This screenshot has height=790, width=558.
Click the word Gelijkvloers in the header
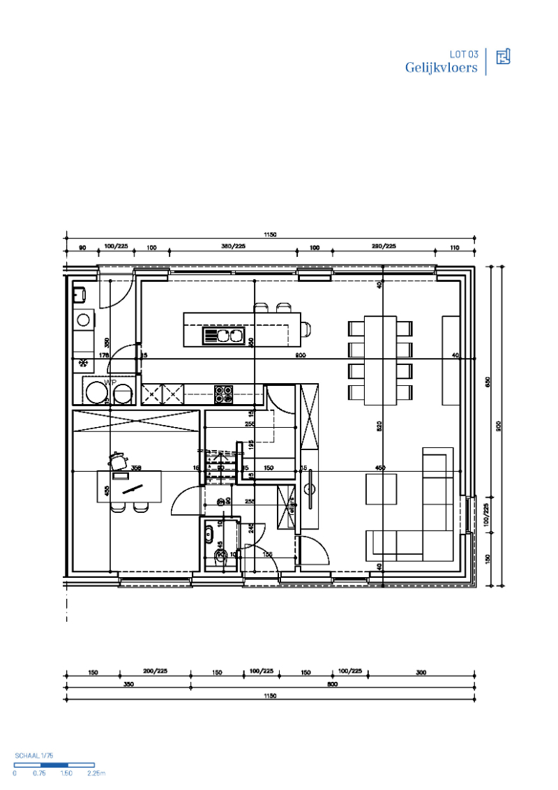click(x=442, y=68)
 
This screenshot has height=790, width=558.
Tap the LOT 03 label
click(x=464, y=54)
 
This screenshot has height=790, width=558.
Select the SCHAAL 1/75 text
click(x=34, y=756)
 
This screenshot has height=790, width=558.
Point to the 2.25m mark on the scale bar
click(x=96, y=773)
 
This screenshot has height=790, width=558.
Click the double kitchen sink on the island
click(x=222, y=336)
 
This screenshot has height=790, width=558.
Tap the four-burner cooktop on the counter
click(x=223, y=394)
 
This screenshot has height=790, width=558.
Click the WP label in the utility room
click(x=110, y=383)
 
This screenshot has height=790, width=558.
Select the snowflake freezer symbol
click(x=83, y=363)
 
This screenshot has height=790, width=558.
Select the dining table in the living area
click(x=381, y=360)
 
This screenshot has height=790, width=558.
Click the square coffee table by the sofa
click(x=381, y=489)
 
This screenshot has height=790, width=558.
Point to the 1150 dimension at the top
click(x=271, y=235)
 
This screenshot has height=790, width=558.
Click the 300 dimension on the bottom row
click(x=421, y=672)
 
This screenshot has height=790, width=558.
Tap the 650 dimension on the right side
click(x=488, y=382)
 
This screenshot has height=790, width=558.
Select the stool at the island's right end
click(x=306, y=329)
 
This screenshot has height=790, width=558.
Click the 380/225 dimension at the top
click(x=233, y=246)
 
